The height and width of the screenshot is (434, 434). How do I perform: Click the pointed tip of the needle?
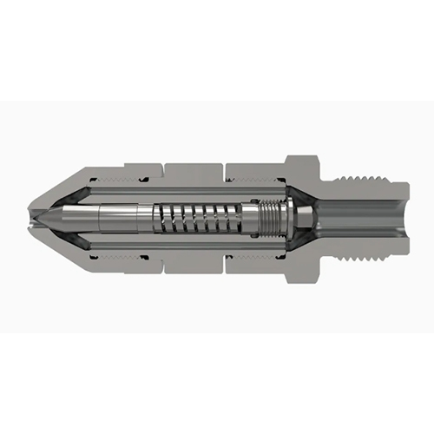click(x=38, y=216)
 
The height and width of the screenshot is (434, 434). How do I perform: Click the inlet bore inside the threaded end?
click(x=356, y=216)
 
